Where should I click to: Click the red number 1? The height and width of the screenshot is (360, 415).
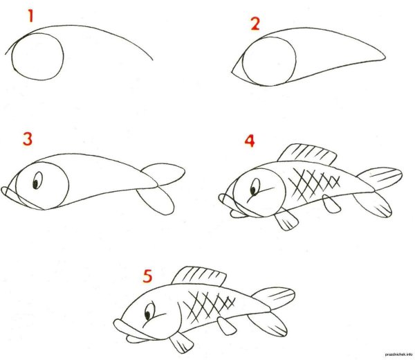(x=30, y=15)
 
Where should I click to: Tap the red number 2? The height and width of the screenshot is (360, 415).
(x=255, y=26)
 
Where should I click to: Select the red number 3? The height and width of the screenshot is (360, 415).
(x=27, y=138)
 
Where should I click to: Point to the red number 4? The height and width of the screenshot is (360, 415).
(x=250, y=141)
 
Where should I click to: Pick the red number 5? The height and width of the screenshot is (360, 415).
(x=147, y=276)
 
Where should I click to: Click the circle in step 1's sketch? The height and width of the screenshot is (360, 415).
(x=38, y=57)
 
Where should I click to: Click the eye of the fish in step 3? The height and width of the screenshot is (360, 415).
(x=37, y=182)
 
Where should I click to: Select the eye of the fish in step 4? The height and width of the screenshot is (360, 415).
(x=255, y=188)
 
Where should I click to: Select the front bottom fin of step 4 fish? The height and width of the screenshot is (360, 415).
(x=284, y=220)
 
